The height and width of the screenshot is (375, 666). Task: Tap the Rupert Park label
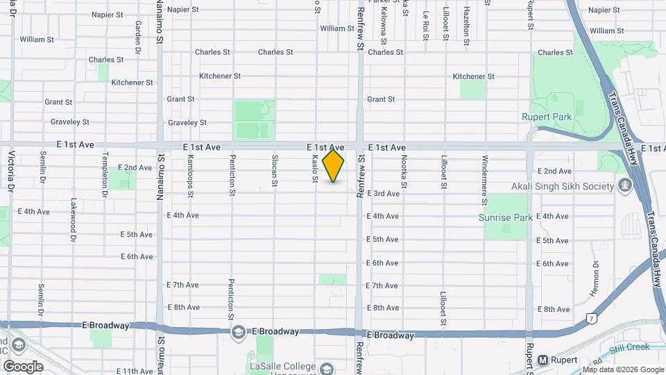[x=547, y=117]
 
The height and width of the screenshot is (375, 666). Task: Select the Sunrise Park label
[x=506, y=217]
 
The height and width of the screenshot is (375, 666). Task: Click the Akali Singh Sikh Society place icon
[x=625, y=186]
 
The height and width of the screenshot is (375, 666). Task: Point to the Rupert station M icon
[x=543, y=360]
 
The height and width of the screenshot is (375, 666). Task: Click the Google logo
[x=23, y=366]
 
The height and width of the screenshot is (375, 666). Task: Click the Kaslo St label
[x=315, y=169]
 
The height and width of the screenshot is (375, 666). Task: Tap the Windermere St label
[x=484, y=179]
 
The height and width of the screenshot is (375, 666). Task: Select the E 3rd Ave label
[x=383, y=193]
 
